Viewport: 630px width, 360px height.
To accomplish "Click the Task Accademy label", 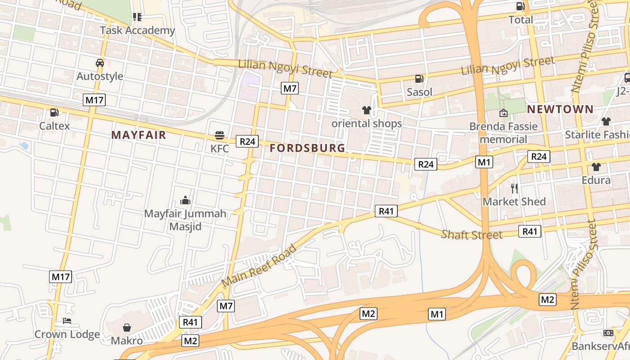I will tap(137, 30).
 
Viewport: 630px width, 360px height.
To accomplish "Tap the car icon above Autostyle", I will tap(100, 63).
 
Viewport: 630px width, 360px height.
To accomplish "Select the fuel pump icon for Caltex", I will tap(54, 112).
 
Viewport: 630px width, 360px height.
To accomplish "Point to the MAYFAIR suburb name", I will tap(139, 135).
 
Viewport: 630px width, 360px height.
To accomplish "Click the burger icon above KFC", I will tap(220, 135).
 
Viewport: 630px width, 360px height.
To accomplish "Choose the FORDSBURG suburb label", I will tap(308, 148).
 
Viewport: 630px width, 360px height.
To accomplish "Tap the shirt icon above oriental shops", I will tap(366, 110).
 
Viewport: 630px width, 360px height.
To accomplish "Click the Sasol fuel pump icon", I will tap(419, 79).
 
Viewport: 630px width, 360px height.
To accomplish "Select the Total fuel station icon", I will tap(520, 6).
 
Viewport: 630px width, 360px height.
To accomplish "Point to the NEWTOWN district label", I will tap(560, 109).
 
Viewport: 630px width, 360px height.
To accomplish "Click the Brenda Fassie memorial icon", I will tap(503, 113).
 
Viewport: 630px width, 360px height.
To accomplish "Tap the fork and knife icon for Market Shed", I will tap(514, 188).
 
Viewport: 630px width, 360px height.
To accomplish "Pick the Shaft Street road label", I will tap(472, 234).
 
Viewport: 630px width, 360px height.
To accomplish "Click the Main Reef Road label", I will tap(260, 265).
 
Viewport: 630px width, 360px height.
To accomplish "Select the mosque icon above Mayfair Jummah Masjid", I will tap(185, 200).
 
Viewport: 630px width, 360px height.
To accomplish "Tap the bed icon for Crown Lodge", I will tap(67, 321).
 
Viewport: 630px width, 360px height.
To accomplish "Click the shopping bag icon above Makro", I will tap(127, 327).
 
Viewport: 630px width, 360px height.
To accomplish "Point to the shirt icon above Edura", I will tap(596, 167).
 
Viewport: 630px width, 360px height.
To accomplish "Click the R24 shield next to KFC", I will tap(247, 141).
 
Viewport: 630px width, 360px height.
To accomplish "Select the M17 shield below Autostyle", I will tap(94, 99).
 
